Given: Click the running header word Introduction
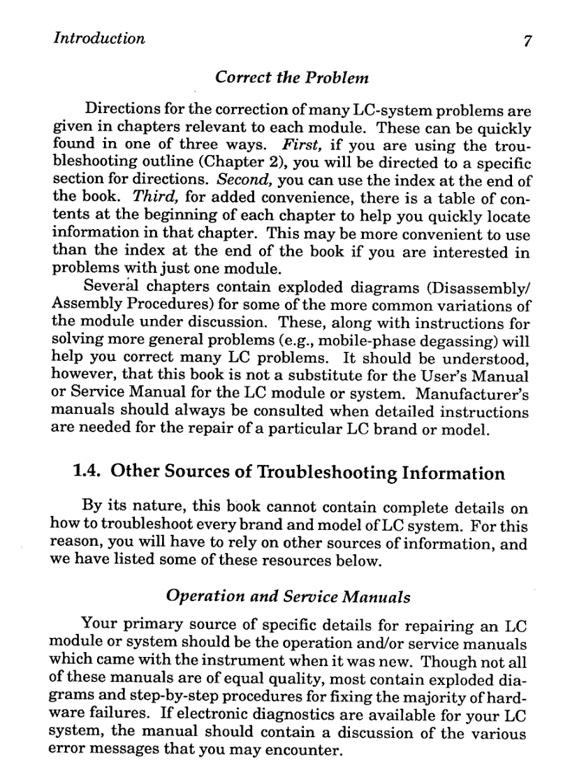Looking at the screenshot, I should click(99, 38).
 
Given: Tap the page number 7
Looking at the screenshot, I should click(528, 40).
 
